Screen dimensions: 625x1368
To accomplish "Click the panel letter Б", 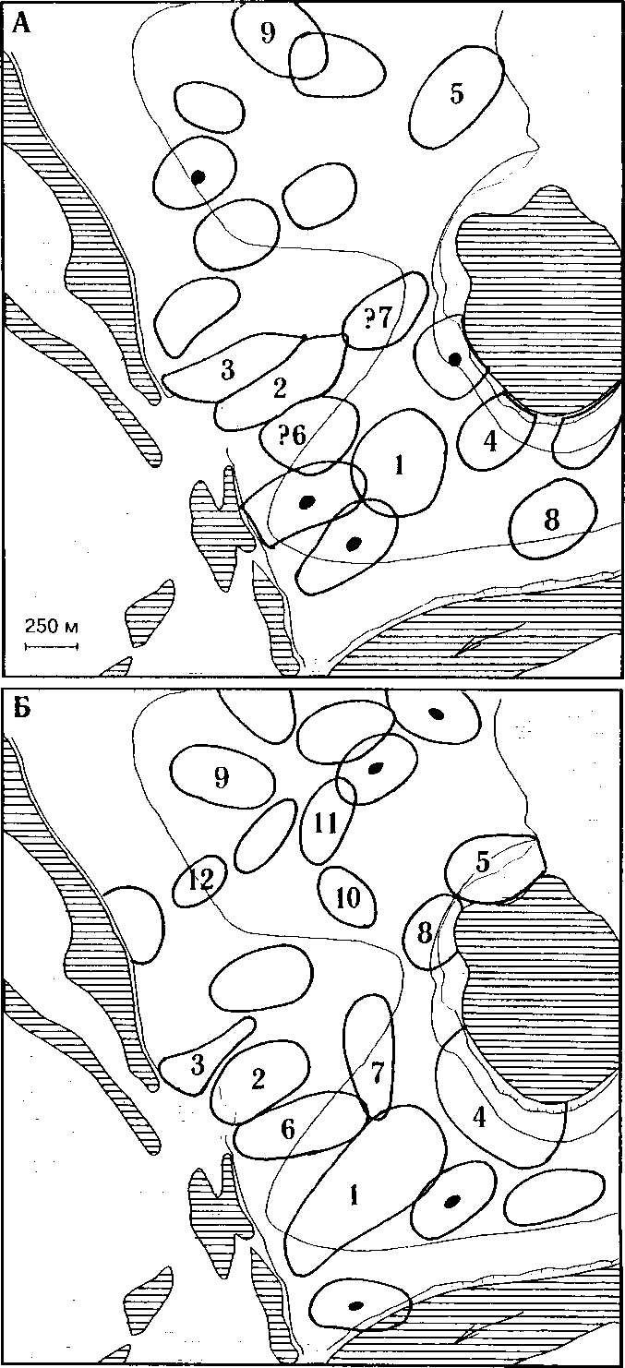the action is [20, 714].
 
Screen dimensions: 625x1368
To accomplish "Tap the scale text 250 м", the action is [51, 627].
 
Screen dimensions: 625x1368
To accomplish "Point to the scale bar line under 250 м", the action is [51, 644].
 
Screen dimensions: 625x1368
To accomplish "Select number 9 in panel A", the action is [268, 34].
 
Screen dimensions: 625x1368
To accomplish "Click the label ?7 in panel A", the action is [379, 319].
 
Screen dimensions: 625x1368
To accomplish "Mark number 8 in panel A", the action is [552, 521].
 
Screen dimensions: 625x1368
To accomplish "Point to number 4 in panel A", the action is [490, 441].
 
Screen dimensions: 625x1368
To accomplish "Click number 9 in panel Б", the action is [221, 777].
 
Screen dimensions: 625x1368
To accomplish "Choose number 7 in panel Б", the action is [376, 1073].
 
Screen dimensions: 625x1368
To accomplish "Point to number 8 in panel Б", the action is [425, 932].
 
